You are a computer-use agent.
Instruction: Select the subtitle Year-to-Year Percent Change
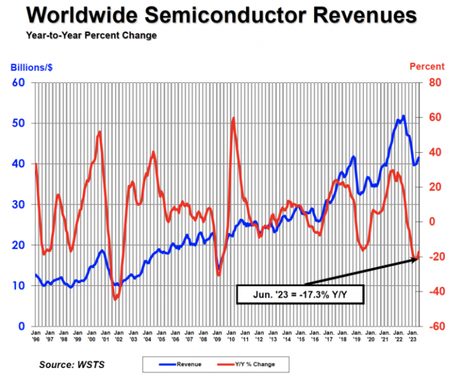91,36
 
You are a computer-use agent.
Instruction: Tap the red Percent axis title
426,67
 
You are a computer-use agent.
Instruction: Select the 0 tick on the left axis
21,326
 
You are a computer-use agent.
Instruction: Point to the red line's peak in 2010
233,118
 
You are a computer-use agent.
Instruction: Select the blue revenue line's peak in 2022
404,116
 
